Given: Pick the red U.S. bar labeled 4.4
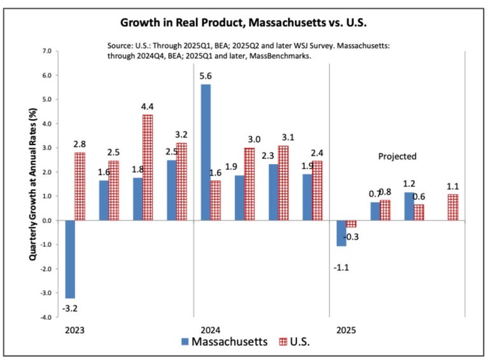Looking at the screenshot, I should click(147, 167).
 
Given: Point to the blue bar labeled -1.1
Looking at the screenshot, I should click(342, 233).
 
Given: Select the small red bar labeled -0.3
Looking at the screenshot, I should click(351, 224).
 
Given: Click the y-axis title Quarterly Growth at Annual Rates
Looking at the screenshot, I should click(33, 183).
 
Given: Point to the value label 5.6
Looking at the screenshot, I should click(206, 76).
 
